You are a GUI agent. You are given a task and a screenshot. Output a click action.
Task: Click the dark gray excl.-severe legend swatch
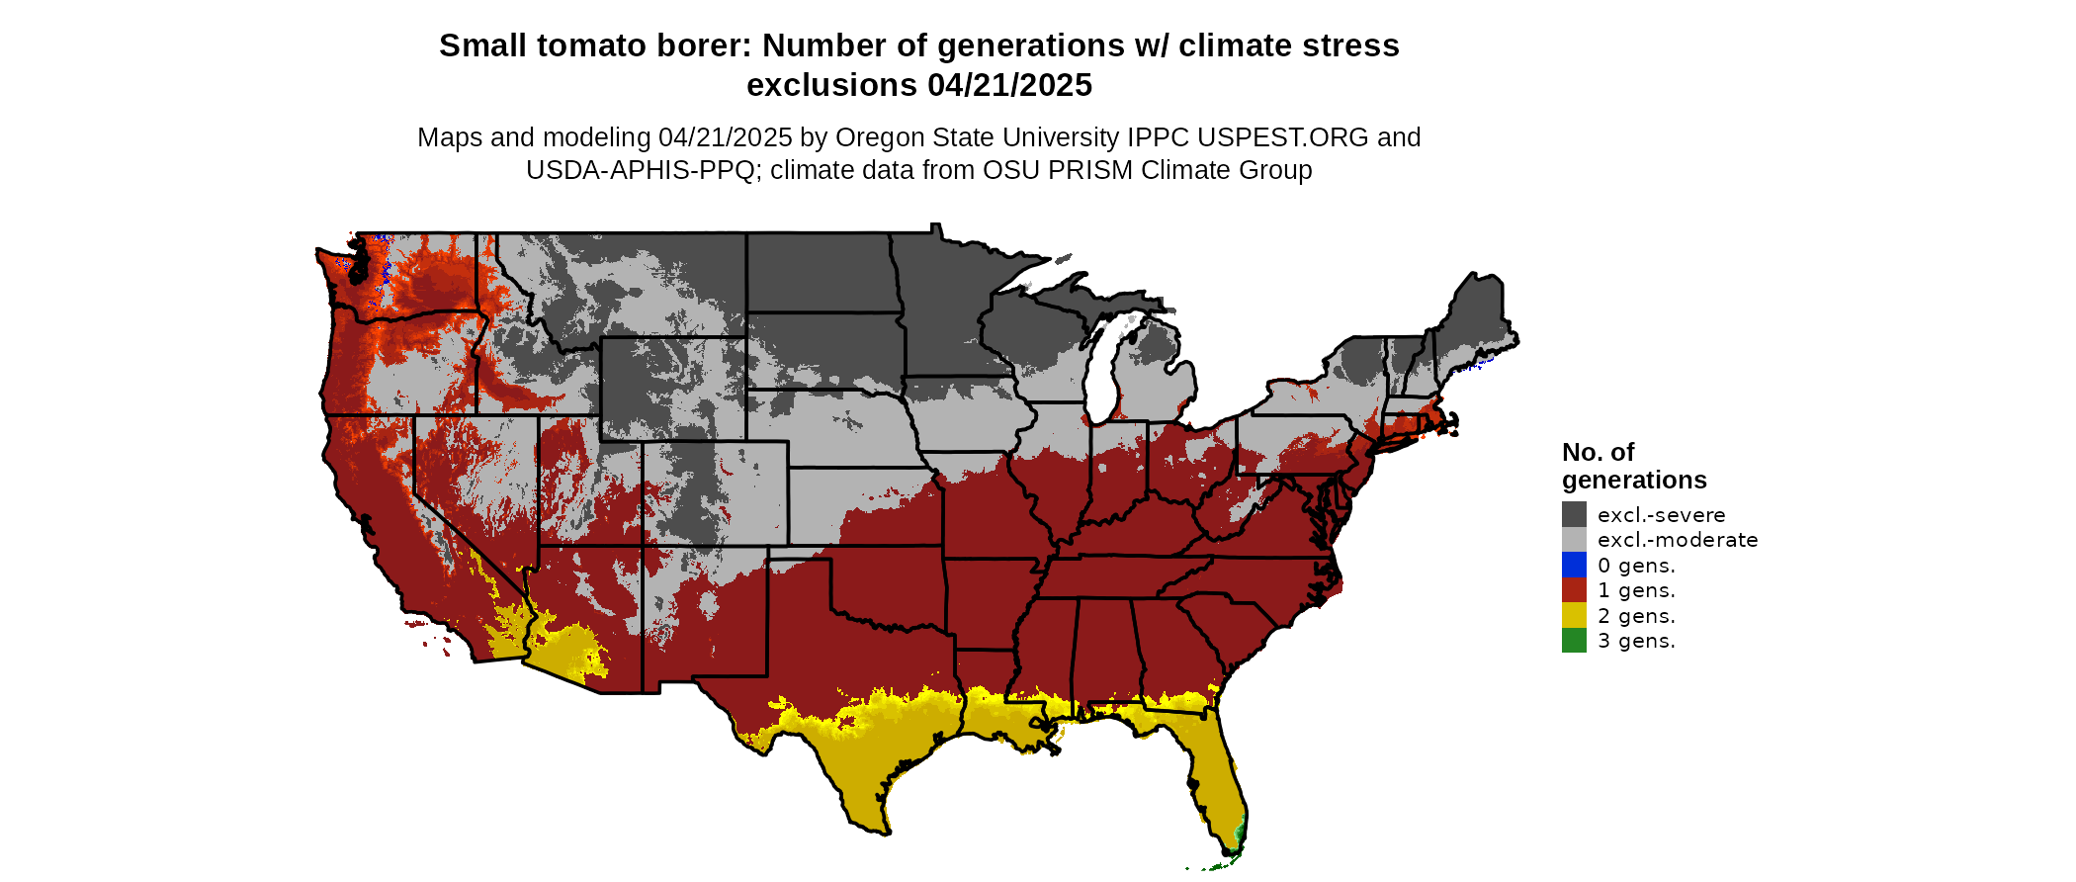[1574, 514]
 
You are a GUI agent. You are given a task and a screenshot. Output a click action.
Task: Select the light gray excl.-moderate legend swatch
[1574, 540]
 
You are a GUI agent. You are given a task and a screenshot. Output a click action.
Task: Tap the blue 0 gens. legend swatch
[1574, 565]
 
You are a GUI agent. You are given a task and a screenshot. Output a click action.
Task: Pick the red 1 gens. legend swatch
[1574, 590]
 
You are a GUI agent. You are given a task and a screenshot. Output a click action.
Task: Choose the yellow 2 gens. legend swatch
[1574, 615]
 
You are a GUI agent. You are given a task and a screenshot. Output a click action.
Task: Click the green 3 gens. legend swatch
[1574, 641]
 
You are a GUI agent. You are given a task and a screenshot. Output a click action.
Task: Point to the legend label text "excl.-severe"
[1661, 515]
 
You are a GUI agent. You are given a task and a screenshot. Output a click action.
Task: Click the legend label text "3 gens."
[1636, 641]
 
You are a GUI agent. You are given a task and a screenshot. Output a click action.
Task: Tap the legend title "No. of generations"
[1633, 466]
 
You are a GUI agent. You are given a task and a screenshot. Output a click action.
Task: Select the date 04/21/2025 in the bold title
[1009, 85]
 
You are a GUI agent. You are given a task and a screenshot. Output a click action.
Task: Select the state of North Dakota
[821, 272]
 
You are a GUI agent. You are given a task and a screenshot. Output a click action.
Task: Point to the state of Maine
[1479, 316]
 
